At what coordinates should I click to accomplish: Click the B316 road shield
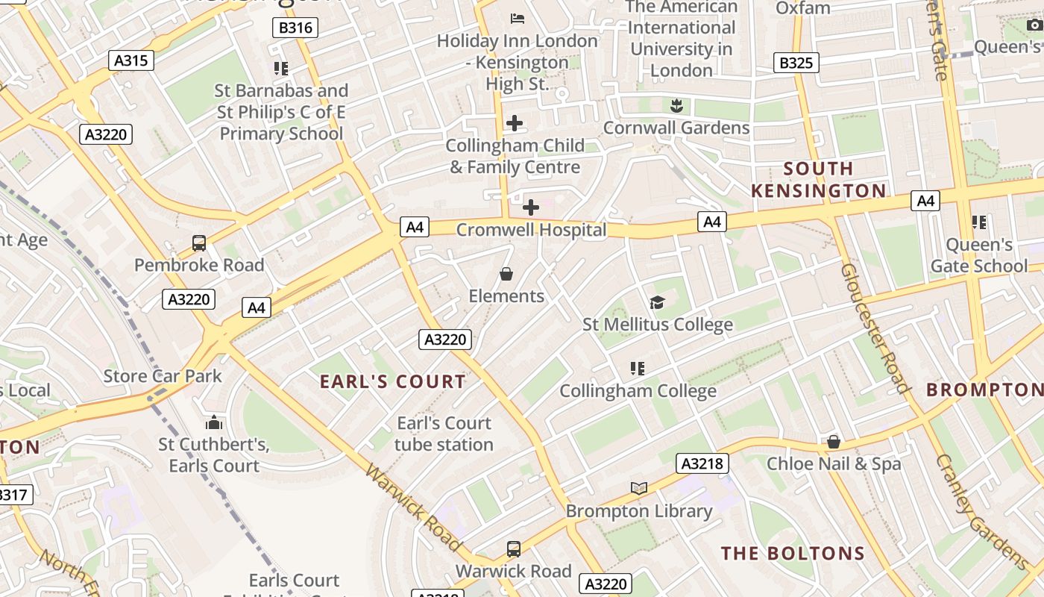[295, 28]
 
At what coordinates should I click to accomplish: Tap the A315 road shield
[130, 60]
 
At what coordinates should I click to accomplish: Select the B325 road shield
[796, 63]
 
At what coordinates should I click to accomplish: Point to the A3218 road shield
[702, 463]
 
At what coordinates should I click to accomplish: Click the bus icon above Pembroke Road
[199, 243]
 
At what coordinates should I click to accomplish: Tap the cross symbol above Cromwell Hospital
[531, 207]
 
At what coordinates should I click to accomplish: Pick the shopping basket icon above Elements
[506, 274]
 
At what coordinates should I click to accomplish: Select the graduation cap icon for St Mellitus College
[657, 302]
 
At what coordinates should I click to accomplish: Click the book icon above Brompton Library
[639, 488]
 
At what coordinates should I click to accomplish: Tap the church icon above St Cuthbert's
[214, 423]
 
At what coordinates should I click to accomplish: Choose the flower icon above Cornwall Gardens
[676, 105]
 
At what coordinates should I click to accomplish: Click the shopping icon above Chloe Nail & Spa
[834, 442]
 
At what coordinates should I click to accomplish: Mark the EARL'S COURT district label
[393, 382]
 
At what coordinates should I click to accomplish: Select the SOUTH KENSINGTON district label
[818, 180]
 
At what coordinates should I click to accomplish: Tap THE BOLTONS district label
[793, 554]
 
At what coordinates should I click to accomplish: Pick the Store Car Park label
[163, 375]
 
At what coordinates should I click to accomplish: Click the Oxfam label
[803, 8]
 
